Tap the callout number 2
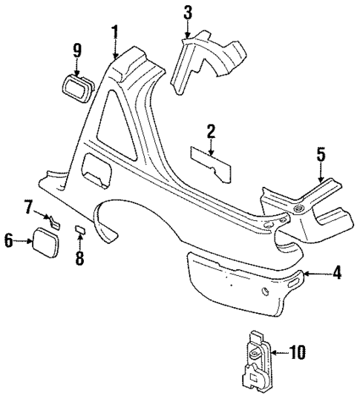click(x=211, y=132)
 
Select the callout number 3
click(x=187, y=13)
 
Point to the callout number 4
click(x=336, y=274)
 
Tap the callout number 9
click(x=76, y=51)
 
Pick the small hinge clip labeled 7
click(x=53, y=220)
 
